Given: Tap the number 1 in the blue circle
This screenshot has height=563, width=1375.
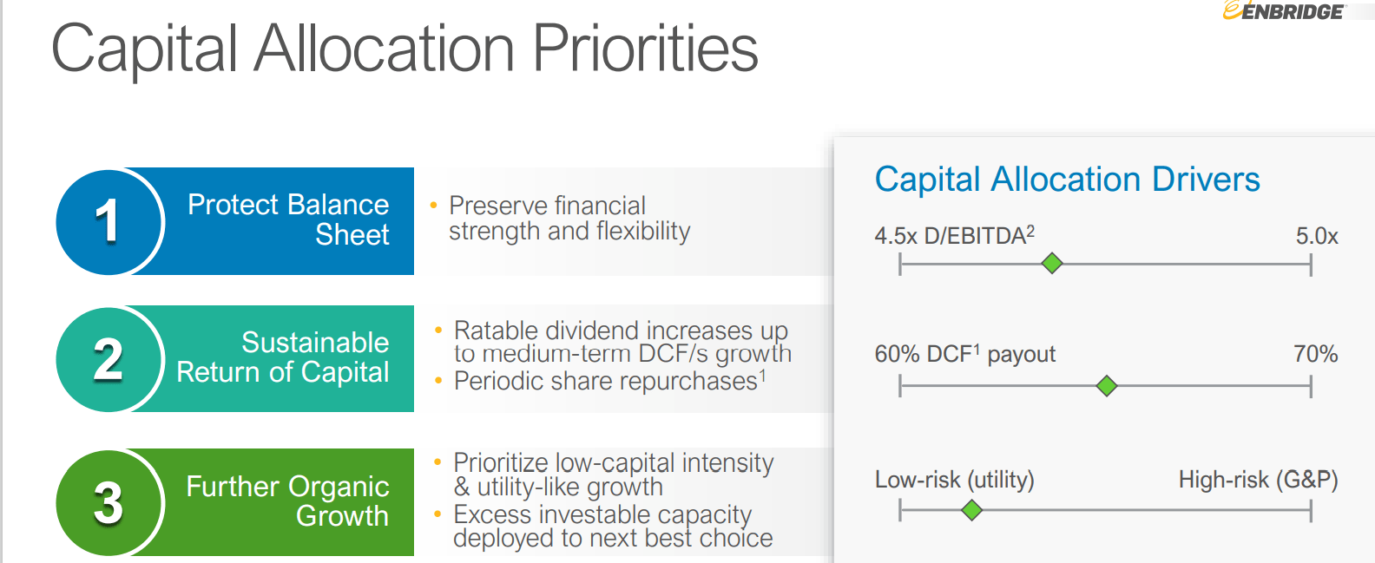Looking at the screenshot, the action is point(107,221).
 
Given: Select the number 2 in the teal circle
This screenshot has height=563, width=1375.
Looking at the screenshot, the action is point(108,359).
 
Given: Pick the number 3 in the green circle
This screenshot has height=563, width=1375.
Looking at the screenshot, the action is point(109,503).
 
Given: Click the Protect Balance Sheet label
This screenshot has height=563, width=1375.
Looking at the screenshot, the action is point(288,219).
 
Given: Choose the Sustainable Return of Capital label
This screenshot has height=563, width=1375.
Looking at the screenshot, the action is point(283,357).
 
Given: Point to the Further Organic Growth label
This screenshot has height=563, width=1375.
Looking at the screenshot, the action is point(288,501).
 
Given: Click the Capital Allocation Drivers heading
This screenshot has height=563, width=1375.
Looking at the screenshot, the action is point(1067,179).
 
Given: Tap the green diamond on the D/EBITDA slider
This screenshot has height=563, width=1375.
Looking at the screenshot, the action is point(1052,263).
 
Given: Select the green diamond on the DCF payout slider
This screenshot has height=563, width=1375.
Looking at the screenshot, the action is point(1107,386).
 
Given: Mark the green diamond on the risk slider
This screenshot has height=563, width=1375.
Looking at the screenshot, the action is point(971,509).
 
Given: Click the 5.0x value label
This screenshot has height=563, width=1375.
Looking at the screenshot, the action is point(1317,236).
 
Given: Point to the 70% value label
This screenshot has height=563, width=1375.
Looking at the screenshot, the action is point(1315,354).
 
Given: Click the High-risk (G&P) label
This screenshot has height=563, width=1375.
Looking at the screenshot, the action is point(1259,480).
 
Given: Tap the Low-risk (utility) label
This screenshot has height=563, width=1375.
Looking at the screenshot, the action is point(955,480).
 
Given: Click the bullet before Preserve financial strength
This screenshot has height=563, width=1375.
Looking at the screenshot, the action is point(434,206).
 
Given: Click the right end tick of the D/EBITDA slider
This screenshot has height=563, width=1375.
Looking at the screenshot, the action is point(1311,265).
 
